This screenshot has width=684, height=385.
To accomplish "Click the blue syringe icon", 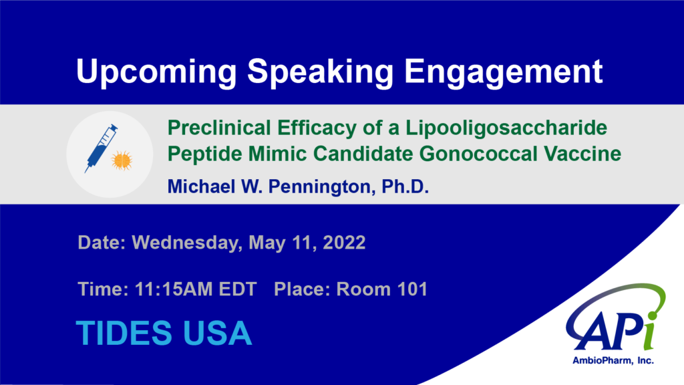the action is coord(102,148).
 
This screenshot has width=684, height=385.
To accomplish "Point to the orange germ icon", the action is coord(122,160).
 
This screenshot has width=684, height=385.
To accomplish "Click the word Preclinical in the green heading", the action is coord(219,128).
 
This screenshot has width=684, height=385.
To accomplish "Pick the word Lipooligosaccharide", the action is coord(506,128).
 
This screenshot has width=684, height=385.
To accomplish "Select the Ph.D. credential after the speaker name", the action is coord(405,186).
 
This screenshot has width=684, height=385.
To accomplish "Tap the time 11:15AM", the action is coord(174,289).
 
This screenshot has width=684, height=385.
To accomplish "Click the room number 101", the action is coord(412,289).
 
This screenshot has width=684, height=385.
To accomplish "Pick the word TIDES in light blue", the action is coord(124,333).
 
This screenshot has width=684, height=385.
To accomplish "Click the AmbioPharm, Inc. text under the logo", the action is coord(613,360).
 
